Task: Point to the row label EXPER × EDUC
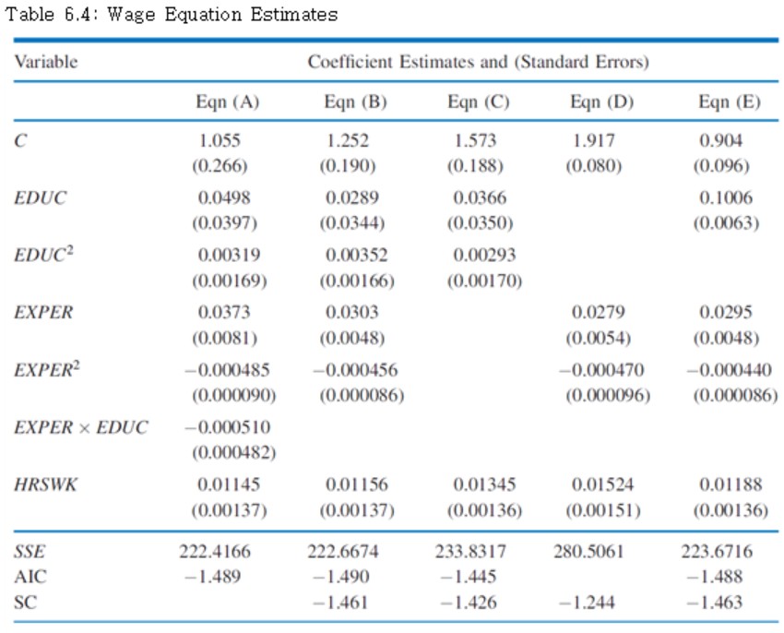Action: point(81,427)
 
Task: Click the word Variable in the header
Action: point(45,62)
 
